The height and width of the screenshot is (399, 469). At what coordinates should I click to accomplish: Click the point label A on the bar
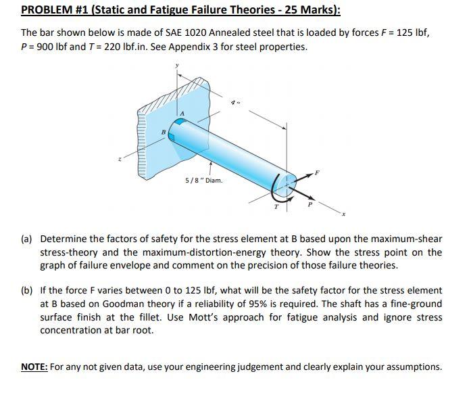[x=181, y=113]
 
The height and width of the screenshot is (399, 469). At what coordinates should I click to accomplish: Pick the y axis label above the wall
[x=177, y=66]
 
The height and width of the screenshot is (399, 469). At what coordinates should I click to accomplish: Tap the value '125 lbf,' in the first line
[x=410, y=32]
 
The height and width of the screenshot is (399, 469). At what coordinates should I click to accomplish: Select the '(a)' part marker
[x=28, y=239]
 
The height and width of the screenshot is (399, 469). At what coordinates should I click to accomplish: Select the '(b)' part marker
[x=28, y=290]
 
